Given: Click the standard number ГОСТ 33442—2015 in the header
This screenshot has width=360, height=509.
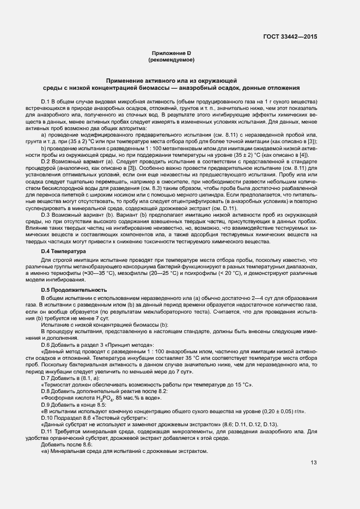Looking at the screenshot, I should pos(290,36).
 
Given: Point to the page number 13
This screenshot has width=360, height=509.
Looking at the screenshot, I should pos(313,463).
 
